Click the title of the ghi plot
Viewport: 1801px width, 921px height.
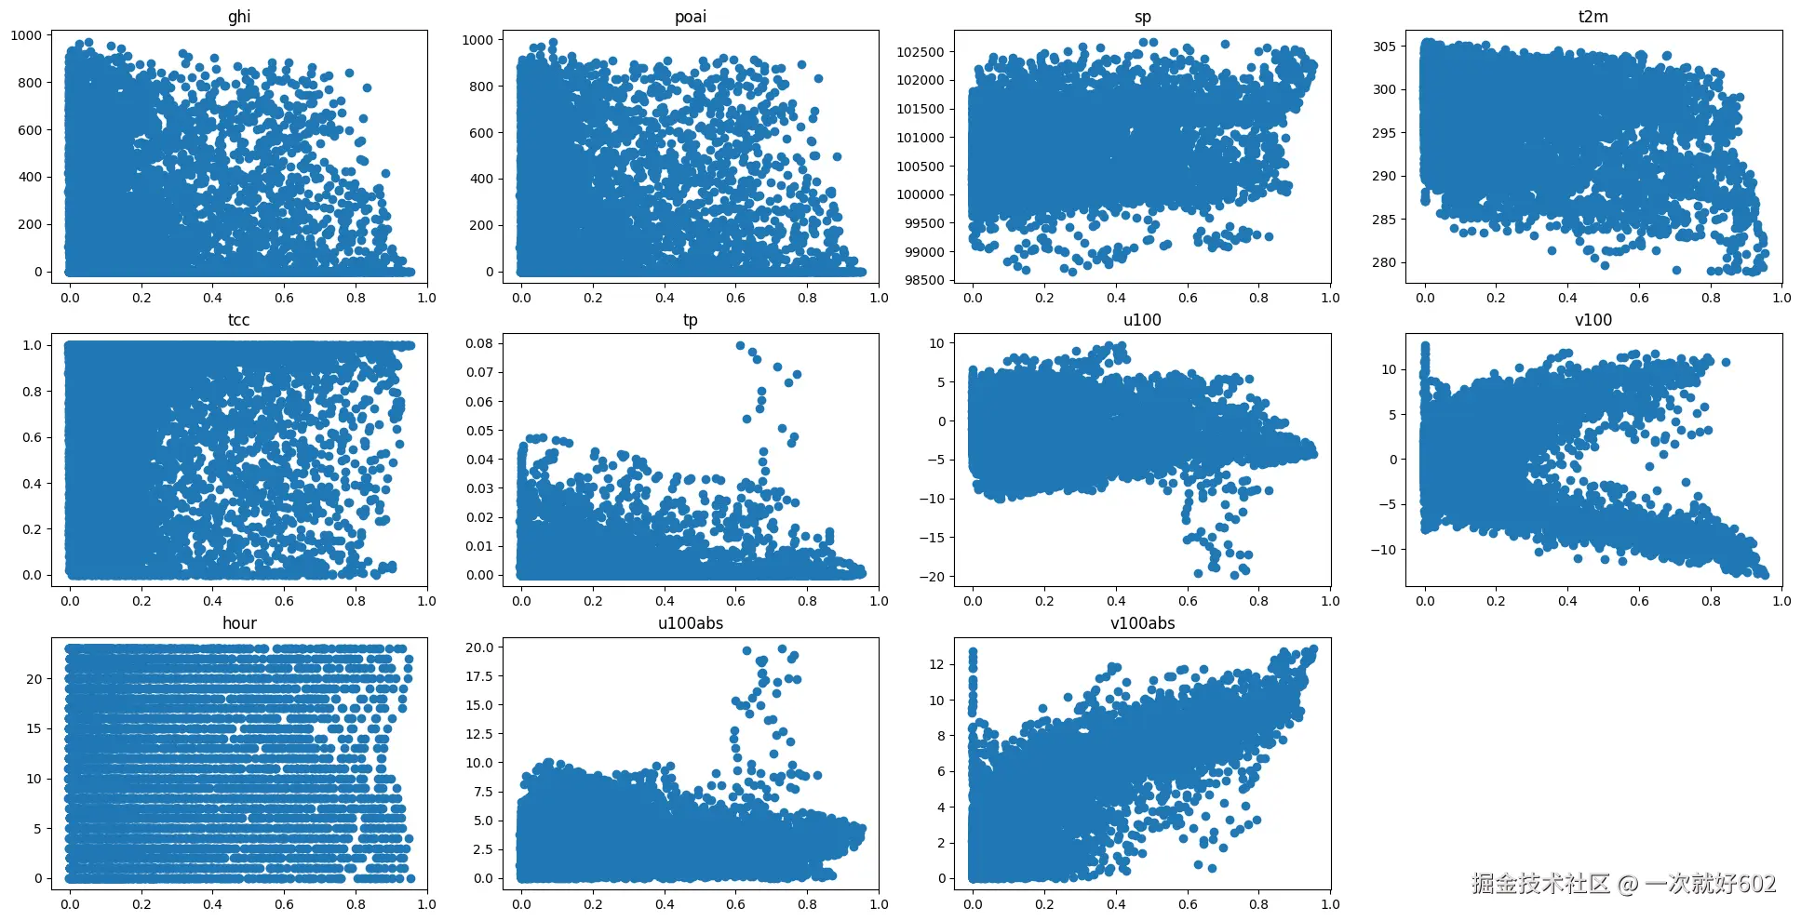[239, 17]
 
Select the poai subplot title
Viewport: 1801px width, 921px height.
[691, 17]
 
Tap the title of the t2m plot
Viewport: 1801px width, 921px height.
[1593, 17]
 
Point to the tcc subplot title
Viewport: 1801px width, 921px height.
[239, 320]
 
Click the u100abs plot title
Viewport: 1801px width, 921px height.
[691, 623]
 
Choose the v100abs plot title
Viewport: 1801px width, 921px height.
[1142, 623]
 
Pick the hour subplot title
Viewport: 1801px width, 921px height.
[239, 623]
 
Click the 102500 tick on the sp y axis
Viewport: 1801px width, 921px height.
[921, 52]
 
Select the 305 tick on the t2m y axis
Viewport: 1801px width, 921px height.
[1384, 47]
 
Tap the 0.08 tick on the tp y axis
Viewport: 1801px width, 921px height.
[479, 343]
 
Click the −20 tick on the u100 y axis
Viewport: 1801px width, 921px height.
[932, 577]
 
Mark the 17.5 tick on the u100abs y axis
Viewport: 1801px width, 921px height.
[479, 676]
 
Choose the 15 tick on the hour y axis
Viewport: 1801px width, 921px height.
[34, 728]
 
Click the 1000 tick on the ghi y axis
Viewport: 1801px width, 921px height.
[26, 35]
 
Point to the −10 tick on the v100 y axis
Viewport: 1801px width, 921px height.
[1383, 550]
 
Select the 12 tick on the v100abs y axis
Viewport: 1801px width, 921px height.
[936, 664]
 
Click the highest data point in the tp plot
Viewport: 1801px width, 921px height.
[740, 345]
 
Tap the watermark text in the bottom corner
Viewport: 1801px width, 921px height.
[1623, 883]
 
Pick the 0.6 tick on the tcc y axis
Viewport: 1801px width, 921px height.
[32, 437]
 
